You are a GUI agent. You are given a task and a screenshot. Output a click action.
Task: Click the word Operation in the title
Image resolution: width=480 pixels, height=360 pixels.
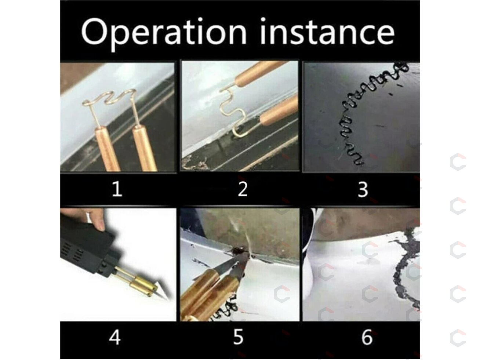(164, 33)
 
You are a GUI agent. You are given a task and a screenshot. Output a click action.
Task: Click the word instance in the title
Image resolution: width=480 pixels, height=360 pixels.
(327, 32)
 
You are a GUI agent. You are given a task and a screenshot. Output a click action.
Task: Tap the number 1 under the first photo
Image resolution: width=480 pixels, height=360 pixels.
(117, 189)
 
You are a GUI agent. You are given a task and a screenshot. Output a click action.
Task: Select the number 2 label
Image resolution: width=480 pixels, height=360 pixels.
(243, 189)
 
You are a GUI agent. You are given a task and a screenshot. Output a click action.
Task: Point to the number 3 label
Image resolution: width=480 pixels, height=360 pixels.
(363, 189)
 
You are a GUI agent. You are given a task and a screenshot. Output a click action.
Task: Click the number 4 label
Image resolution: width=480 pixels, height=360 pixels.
(114, 337)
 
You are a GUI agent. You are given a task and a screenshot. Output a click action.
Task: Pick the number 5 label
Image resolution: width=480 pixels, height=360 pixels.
(238, 337)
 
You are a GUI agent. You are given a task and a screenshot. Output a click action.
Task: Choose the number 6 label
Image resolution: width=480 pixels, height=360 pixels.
(367, 337)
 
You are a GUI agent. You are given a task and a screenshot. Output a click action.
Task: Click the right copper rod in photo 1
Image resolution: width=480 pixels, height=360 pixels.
(145, 149)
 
